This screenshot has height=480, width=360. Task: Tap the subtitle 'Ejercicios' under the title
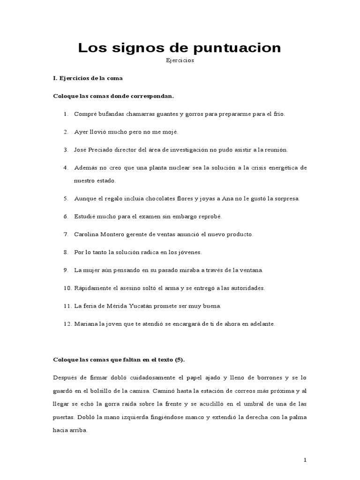pos(180,60)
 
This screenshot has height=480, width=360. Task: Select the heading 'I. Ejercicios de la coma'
pos(88,78)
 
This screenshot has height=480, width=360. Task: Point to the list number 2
pos(66,132)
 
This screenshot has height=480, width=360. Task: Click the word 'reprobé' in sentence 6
pos(210,216)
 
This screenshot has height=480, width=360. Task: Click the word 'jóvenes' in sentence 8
pos(190,252)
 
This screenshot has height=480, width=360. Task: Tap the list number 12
pos(67,323)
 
